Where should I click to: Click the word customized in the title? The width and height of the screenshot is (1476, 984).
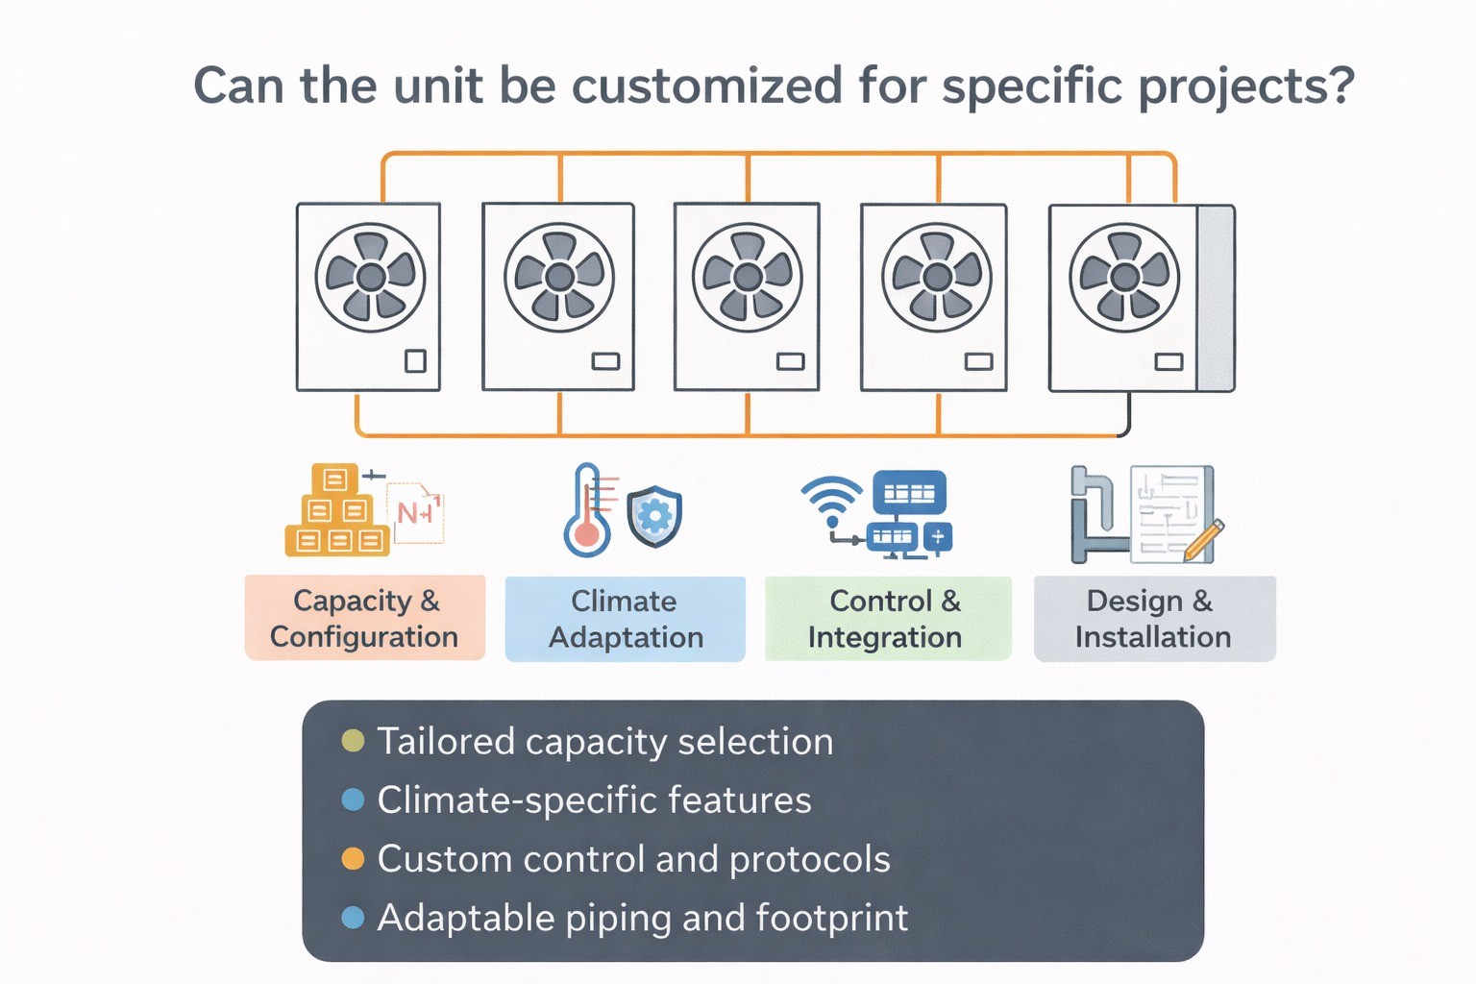(x=707, y=86)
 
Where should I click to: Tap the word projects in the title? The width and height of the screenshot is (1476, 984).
(x=1244, y=86)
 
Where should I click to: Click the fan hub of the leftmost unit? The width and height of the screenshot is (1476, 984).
(x=370, y=278)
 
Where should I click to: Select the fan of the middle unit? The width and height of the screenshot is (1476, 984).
(x=747, y=278)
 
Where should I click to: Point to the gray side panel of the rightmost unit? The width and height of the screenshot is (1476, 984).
(x=1216, y=298)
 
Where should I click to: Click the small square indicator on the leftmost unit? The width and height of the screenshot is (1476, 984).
(x=415, y=361)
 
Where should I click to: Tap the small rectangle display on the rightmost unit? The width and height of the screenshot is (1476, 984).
(x=1168, y=362)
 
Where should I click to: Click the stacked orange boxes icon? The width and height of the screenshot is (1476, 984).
(x=335, y=511)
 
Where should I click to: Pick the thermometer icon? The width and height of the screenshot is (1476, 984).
(x=587, y=511)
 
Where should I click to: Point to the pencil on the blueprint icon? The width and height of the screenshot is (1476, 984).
(x=1204, y=539)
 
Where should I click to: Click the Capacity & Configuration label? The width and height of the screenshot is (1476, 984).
(x=365, y=618)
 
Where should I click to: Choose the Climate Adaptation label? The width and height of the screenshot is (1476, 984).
(x=626, y=619)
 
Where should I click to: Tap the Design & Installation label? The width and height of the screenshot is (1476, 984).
(x=1154, y=619)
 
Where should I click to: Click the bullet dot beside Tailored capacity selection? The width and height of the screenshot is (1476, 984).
(x=353, y=741)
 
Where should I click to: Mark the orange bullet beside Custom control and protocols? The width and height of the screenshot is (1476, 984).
(x=353, y=859)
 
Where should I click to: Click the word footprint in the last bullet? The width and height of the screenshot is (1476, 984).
(x=831, y=919)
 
